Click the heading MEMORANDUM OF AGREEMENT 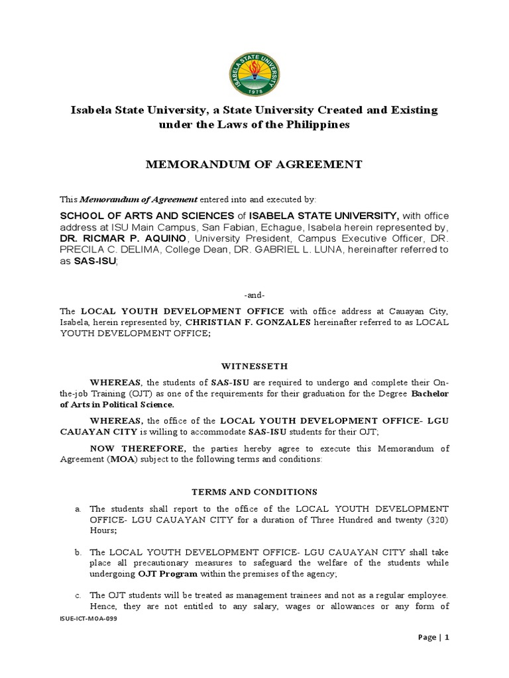[x=254, y=164]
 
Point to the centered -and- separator [x=254, y=295]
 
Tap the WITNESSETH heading [x=254, y=365]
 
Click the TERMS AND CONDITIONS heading [x=254, y=492]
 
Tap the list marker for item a [x=78, y=508]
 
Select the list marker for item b [x=78, y=552]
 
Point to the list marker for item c [x=78, y=595]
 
